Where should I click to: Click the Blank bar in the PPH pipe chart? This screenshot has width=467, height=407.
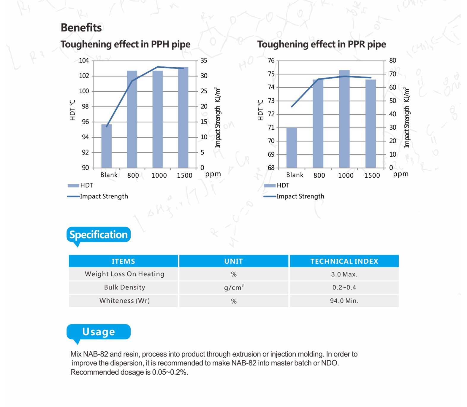click(x=107, y=146)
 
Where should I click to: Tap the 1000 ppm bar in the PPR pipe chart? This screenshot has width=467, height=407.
click(x=344, y=119)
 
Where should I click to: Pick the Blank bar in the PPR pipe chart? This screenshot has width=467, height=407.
click(x=292, y=147)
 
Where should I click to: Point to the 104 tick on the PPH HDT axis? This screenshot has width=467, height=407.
click(x=84, y=61)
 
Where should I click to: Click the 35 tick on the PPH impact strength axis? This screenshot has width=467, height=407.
click(x=204, y=61)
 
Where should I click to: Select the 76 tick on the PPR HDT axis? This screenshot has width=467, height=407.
click(x=271, y=61)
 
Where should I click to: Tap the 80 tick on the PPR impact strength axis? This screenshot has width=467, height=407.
click(x=392, y=61)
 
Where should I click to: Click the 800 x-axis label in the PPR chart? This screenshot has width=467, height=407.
click(x=319, y=175)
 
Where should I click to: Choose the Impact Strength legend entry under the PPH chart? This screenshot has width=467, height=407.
click(x=104, y=196)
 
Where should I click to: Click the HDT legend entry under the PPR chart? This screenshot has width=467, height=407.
click(x=283, y=185)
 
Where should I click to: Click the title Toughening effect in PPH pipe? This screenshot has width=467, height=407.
click(x=125, y=44)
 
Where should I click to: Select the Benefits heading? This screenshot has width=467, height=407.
click(x=81, y=28)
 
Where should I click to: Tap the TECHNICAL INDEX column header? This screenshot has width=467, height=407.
click(x=344, y=261)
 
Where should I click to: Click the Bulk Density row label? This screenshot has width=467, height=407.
click(x=124, y=287)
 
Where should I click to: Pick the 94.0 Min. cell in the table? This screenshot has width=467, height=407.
click(x=344, y=301)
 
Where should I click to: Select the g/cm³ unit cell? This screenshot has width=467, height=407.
click(x=234, y=287)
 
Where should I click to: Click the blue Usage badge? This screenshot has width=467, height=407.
click(x=99, y=332)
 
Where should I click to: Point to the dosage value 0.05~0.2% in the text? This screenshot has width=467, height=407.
click(x=170, y=372)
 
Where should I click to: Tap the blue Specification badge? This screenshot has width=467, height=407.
click(x=99, y=235)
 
